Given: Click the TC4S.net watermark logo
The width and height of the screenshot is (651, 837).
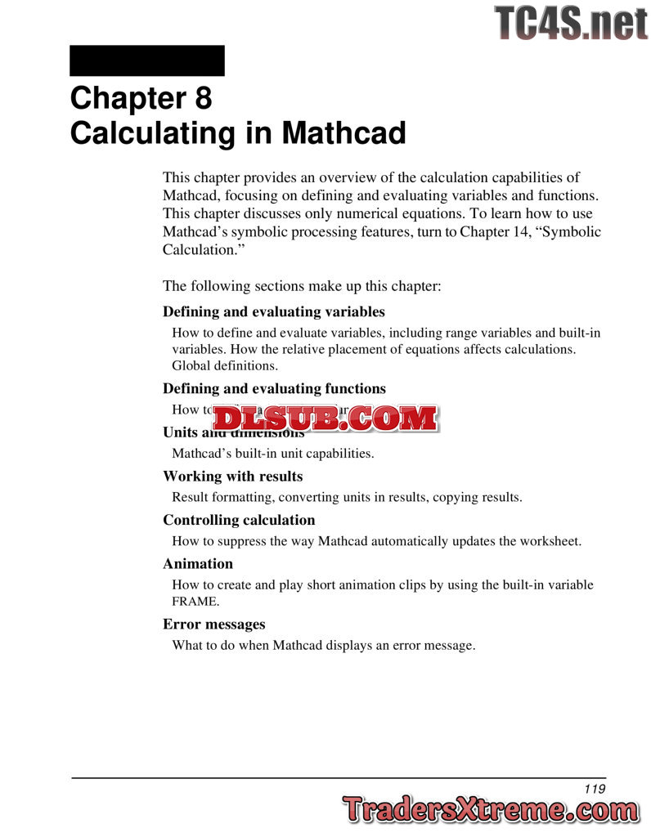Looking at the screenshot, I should pyautogui.click(x=571, y=22).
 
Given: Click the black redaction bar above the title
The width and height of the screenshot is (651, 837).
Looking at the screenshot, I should pyautogui.click(x=147, y=60).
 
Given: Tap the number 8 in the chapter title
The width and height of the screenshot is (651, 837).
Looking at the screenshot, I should pyautogui.click(x=203, y=98).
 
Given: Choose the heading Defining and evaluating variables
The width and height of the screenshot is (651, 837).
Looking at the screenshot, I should pyautogui.click(x=273, y=311).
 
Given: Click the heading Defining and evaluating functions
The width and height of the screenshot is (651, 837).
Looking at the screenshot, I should pyautogui.click(x=274, y=388).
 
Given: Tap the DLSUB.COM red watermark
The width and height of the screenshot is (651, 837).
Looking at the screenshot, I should pyautogui.click(x=325, y=418).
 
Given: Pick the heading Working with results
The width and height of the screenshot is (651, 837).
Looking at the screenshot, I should pyautogui.click(x=232, y=476).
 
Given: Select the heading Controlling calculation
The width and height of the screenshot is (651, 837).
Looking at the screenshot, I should pyautogui.click(x=238, y=520).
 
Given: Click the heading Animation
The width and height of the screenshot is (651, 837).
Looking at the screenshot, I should pyautogui.click(x=197, y=563).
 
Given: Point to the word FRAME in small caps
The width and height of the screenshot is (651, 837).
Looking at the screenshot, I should pyautogui.click(x=184, y=602).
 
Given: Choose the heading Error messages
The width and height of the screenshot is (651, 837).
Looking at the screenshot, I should pyautogui.click(x=213, y=624).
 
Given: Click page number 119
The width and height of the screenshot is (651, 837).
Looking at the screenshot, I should pyautogui.click(x=595, y=789).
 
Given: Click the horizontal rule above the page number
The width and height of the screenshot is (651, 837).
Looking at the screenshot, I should pyautogui.click(x=339, y=777).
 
